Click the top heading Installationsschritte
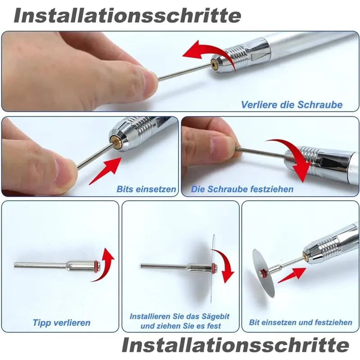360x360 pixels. pos(127,16)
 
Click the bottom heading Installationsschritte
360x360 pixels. pos(235,345)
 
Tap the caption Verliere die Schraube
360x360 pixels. pos(292,105)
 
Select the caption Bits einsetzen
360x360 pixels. pos(146,189)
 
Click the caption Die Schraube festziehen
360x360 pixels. pos(242,189)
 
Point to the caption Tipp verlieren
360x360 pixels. pos(62,323)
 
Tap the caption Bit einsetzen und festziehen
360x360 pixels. pos(301,322)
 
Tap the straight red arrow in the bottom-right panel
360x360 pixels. pos(292,275)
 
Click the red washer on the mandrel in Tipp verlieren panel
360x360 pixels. pos(96,267)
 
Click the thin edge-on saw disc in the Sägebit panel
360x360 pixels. pos(212,269)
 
